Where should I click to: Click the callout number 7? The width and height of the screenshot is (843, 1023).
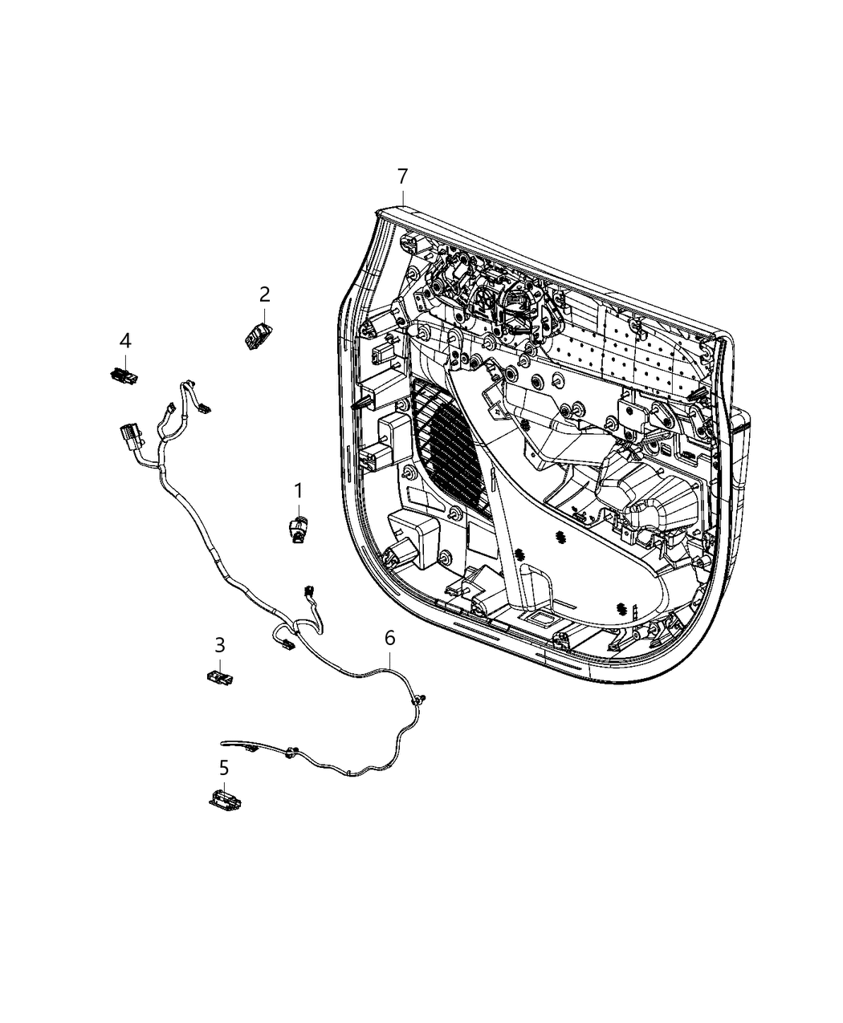tap(402, 176)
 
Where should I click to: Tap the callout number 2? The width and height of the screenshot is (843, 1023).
tap(264, 294)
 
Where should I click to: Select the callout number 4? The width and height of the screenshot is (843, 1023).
tap(124, 341)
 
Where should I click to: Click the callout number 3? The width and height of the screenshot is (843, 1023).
tap(219, 645)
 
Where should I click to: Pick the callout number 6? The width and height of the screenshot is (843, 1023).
tap(389, 638)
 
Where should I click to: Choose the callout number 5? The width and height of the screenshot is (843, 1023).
tap(224, 768)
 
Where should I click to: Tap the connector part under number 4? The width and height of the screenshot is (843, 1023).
tap(123, 374)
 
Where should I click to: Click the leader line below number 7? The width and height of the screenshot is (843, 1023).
tap(402, 197)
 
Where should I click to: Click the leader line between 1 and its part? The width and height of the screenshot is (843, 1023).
tap(298, 508)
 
